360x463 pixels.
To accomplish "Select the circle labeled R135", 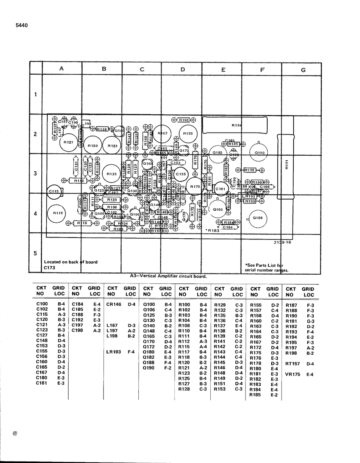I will click(x=111, y=174).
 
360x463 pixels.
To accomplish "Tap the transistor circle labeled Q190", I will click(x=260, y=153).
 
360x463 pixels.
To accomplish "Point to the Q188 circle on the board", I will click(x=258, y=218).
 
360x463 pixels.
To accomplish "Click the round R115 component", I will click(x=58, y=213).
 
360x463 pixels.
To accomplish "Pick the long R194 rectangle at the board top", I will click(x=235, y=125).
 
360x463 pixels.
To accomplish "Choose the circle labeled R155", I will click(x=188, y=134).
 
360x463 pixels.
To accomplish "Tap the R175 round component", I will click(x=195, y=186).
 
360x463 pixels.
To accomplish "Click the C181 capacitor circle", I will click(x=221, y=189).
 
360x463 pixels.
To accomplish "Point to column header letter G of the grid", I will click(x=303, y=70).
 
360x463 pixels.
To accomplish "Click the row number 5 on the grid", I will click(x=36, y=253).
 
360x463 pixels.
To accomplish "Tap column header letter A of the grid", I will click(x=61, y=69).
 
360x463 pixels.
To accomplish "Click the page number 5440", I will click(x=22, y=25).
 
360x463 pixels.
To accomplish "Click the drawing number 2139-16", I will click(x=282, y=242).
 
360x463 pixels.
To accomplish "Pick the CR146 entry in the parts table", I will click(x=114, y=304).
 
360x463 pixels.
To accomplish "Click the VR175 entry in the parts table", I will click(x=293, y=374).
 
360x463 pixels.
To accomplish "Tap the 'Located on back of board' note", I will click(x=70, y=262).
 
